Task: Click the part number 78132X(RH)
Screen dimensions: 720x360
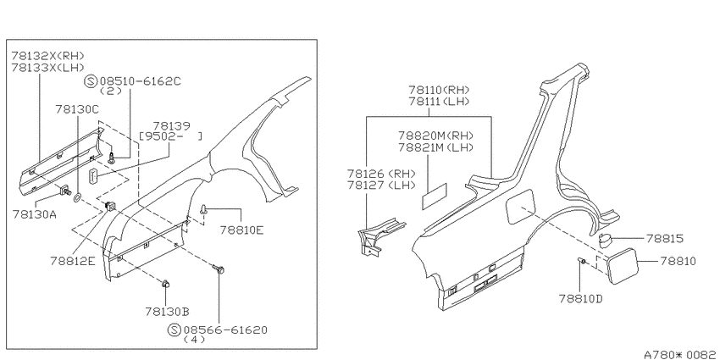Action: coord(48,56)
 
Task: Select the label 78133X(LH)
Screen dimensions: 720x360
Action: coord(48,68)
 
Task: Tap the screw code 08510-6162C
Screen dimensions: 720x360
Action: coord(138,81)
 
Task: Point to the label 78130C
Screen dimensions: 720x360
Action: coord(77,109)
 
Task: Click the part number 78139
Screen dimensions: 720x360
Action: coord(172,126)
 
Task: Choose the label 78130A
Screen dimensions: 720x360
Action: coord(35,214)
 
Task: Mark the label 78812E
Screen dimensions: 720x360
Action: coord(73,261)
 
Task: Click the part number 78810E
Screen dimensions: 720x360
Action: coord(241,230)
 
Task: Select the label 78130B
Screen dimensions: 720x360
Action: coord(168,312)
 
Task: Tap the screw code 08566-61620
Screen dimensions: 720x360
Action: coord(225,330)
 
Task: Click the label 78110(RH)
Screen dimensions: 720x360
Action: coord(440,90)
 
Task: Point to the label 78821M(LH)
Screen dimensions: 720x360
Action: coord(435,147)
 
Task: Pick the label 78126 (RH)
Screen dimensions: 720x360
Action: coord(381,174)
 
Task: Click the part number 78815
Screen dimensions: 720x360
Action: coord(664,239)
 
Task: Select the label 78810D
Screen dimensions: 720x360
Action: coord(580,299)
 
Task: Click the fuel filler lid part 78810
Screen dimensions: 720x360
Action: coord(622,265)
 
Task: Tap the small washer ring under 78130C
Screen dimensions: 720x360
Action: coord(78,198)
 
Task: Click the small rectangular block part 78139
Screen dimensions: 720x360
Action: coord(93,175)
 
